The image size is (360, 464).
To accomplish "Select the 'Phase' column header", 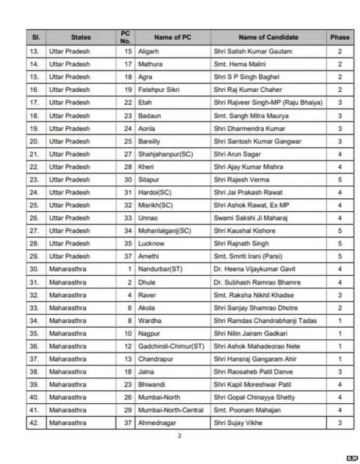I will (x=339, y=38).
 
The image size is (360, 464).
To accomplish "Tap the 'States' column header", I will (x=80, y=38).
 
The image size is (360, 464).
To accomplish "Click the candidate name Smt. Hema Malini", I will (x=240, y=64).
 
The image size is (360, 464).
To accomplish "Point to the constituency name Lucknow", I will (x=151, y=244).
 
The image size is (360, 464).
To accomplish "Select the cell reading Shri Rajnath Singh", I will (x=241, y=244).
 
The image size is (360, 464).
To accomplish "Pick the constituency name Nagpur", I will (x=150, y=333).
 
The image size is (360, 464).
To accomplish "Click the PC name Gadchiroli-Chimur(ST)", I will (x=171, y=346).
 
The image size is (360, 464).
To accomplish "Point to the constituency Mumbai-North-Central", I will (x=172, y=411).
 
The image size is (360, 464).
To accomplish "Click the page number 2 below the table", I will (x=179, y=436).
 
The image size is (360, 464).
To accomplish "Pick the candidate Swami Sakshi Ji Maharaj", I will (x=251, y=218).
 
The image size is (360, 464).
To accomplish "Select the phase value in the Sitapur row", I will (x=339, y=180).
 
